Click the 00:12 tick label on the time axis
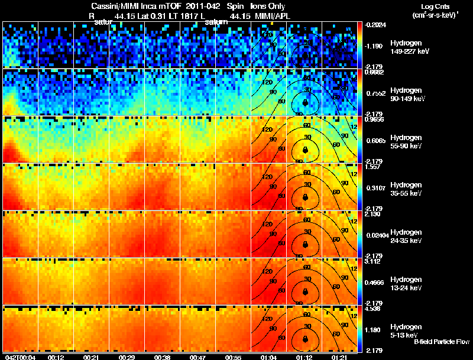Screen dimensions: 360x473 (x=56, y=356)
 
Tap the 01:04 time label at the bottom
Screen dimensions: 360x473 (x=268, y=356)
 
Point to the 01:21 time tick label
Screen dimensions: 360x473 (x=339, y=356)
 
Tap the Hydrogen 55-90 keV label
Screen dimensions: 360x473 (x=407, y=142)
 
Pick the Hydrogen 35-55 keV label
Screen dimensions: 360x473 (x=407, y=189)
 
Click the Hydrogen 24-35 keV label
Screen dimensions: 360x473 (x=407, y=236)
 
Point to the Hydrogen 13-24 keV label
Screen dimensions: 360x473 (x=407, y=284)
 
